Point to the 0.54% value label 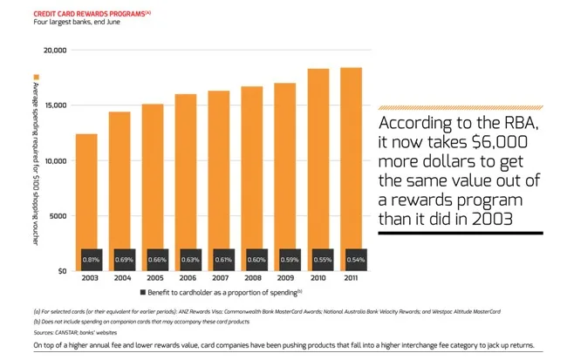355,260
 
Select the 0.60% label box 256,260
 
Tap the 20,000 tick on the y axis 54,51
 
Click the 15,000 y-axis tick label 54,106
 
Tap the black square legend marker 142,292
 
